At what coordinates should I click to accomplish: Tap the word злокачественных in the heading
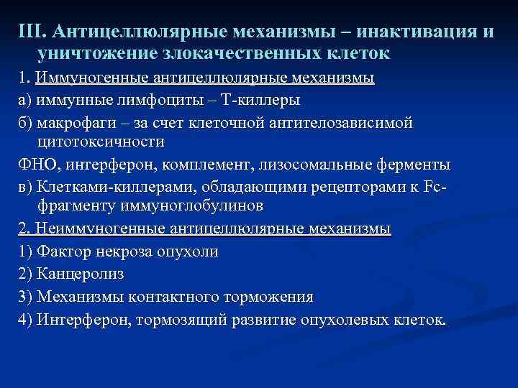coord(229,54)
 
